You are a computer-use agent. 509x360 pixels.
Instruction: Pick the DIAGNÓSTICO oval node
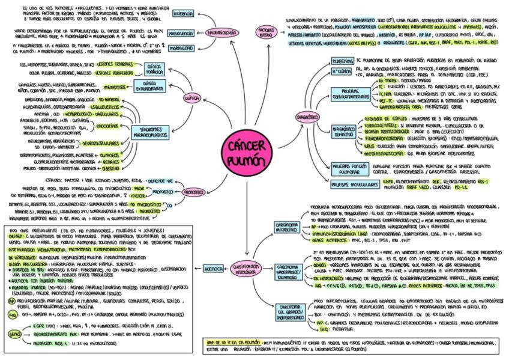click(x=307, y=115)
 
